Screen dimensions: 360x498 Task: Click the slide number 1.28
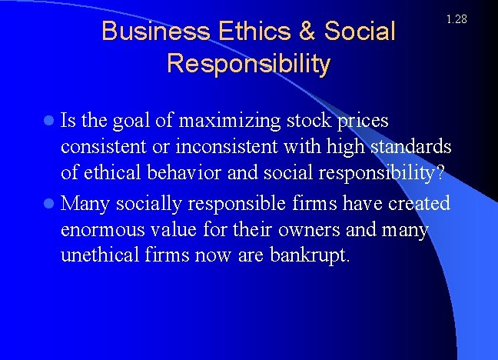(456, 19)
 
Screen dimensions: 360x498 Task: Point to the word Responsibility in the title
(248, 63)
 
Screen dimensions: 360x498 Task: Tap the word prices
(364, 122)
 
